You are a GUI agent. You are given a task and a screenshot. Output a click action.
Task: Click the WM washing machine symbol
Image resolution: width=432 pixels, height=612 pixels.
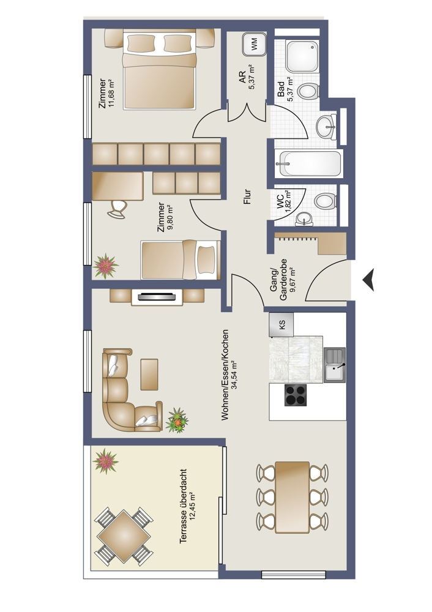coord(254,44)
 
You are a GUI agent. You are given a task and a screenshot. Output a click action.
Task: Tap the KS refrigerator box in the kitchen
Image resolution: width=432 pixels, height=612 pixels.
coord(281,324)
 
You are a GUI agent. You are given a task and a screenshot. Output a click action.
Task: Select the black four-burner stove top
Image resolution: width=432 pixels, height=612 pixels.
coord(295,395)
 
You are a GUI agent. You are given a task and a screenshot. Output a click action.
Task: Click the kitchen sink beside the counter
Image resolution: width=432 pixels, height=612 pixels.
coord(335,365)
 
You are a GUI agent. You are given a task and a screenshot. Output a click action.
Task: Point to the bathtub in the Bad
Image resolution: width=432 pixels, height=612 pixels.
coord(309,164)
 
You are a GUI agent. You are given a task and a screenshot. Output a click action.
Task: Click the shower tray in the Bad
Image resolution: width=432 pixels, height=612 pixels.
coord(303,56)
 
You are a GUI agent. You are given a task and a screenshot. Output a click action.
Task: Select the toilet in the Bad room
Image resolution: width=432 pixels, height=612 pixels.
coord(308,91)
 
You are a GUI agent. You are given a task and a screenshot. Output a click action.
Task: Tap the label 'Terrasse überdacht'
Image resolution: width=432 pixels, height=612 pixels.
coord(183,506)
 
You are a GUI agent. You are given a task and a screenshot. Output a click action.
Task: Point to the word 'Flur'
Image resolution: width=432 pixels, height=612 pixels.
coord(247,197)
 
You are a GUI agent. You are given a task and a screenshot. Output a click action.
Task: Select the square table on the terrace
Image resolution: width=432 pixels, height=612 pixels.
coord(124,537)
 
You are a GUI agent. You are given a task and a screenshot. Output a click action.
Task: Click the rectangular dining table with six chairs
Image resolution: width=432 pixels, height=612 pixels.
coord(292,497)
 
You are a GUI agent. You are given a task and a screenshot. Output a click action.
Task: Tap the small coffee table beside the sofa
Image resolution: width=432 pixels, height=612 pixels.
coord(149,375)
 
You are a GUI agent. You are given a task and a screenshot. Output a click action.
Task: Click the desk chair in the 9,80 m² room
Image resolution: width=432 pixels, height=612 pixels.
coord(117,209)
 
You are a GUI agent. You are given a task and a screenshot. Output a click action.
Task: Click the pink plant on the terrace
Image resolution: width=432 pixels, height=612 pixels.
coord(106,461)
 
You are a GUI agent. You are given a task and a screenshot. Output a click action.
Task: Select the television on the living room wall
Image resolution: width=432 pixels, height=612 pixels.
coord(157,297)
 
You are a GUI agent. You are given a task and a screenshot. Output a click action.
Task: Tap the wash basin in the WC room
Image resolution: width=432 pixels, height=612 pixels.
coord(304,219)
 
